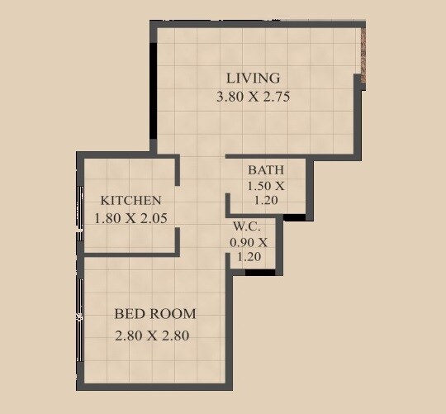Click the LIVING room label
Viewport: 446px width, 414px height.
pos(253,79)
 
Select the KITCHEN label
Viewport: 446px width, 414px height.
pos(130,201)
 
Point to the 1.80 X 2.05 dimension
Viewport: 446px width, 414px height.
pos(130,219)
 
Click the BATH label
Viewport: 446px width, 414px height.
pos(265,171)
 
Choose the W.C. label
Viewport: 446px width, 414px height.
pos(248,226)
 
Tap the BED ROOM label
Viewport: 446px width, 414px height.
pos(155,314)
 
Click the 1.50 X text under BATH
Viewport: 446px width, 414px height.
pos(265,186)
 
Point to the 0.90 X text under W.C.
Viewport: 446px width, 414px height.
pos(248,242)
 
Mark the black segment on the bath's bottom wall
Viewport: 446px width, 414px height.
pos(294,217)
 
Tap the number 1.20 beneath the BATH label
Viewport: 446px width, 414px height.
pos(265,200)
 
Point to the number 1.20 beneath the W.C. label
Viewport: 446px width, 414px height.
pos(248,257)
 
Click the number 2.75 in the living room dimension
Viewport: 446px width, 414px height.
pos(275,97)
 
